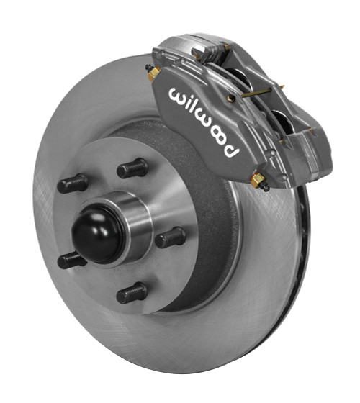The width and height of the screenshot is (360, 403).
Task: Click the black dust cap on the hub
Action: pos(97,235)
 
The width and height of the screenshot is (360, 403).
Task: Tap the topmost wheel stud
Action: pos(132,168)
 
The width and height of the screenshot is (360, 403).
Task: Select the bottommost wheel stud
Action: pos(132,293)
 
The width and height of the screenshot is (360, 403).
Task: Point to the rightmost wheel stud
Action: pos(170,237)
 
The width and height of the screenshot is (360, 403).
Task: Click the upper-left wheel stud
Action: pos(73,184)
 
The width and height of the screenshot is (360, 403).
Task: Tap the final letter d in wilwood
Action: pos(230,150)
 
